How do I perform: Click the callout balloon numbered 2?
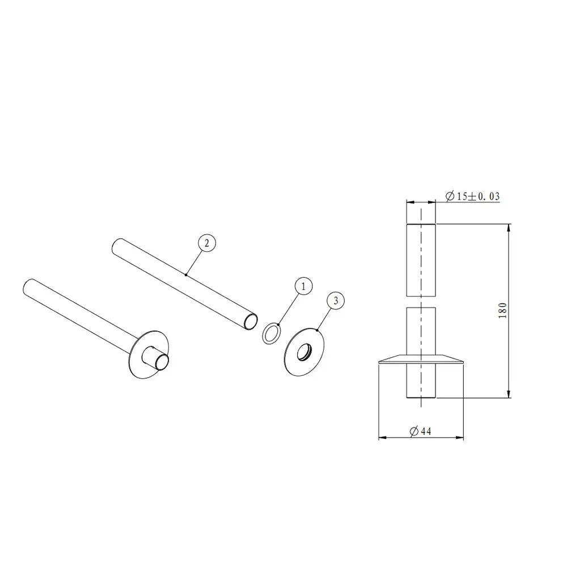point(206,243)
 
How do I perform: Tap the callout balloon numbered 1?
point(303,286)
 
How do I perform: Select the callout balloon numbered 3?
point(336,301)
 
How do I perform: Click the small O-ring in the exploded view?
point(271,332)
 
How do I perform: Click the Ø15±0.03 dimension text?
point(472,196)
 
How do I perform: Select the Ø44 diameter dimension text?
point(420,431)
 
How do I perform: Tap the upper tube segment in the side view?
point(421,260)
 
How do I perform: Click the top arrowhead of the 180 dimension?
point(509,227)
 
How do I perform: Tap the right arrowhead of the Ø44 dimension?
point(460,437)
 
